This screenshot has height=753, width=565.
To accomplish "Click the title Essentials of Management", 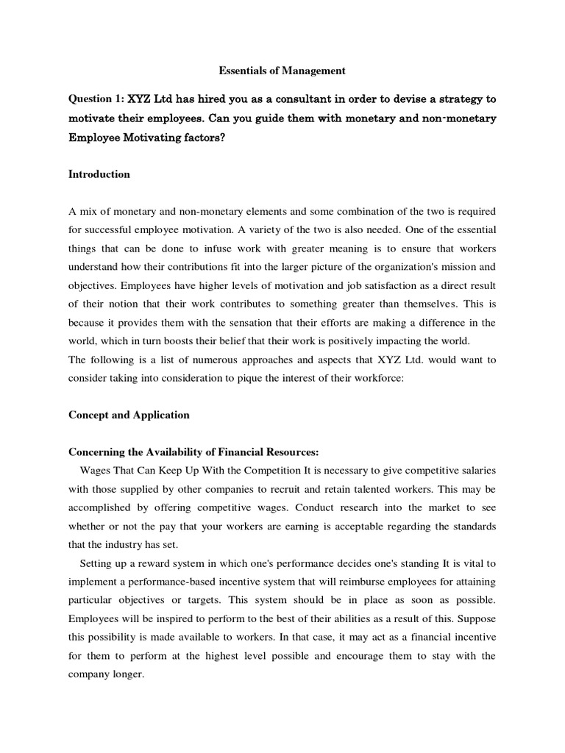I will [x=282, y=71].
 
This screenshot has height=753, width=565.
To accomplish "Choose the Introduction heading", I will [x=99, y=175].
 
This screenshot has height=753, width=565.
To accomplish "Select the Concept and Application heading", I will [x=129, y=415].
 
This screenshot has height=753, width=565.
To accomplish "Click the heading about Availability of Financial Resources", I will [x=194, y=451].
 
